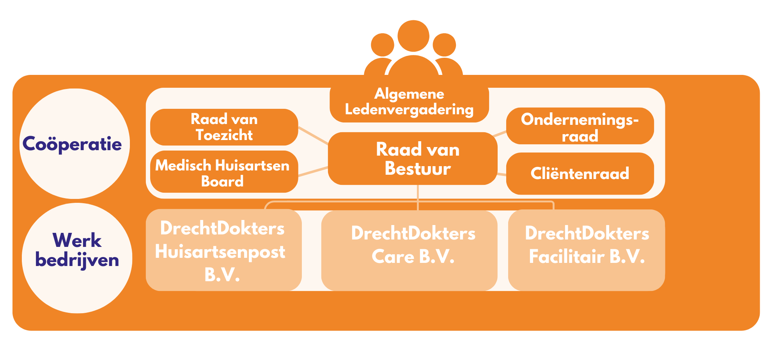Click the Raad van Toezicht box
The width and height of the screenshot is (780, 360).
(x=224, y=127)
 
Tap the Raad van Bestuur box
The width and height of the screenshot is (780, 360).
(x=413, y=158)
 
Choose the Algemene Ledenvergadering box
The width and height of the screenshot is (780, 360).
(x=409, y=102)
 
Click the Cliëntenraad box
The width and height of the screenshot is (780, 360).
(x=580, y=173)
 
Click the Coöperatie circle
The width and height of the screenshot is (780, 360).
(x=74, y=144)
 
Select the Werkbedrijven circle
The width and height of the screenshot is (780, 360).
(x=77, y=257)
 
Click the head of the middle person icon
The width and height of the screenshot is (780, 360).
(x=413, y=36)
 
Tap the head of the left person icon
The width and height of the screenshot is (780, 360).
(x=382, y=44)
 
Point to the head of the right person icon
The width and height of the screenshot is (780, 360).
(x=444, y=44)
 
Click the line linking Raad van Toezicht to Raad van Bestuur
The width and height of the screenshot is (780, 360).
(x=313, y=135)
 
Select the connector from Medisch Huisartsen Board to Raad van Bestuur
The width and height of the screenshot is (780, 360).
(x=313, y=172)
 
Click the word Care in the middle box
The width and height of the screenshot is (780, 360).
(x=392, y=257)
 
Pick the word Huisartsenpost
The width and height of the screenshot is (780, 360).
(x=220, y=252)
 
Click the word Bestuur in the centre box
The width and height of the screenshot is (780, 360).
(x=417, y=168)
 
